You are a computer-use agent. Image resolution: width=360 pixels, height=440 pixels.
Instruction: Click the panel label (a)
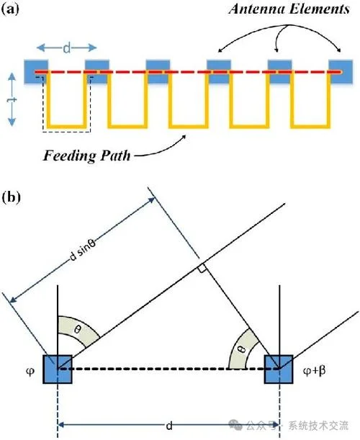tap(10, 9)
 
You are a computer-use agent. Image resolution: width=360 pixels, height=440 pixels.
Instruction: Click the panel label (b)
tap(12, 197)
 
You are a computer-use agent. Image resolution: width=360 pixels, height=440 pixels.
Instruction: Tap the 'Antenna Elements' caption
tap(289, 9)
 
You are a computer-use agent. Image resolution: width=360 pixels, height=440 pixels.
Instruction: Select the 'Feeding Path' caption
tap(86, 156)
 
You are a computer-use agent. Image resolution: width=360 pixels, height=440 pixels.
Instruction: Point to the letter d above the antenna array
tap(66, 48)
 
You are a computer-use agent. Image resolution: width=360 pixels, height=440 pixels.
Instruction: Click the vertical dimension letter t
tap(12, 99)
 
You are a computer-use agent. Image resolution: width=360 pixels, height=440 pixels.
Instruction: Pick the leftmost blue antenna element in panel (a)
tap(35, 71)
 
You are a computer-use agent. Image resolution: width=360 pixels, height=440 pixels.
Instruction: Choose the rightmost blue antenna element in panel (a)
tap(341, 71)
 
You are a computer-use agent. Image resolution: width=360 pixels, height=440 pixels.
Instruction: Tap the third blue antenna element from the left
tap(158, 71)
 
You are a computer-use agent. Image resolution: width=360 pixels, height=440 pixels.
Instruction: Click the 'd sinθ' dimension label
tap(83, 251)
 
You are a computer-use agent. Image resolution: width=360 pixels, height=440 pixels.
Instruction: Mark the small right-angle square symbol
tap(202, 268)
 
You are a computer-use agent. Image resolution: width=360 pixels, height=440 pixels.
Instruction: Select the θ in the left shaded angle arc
tap(78, 329)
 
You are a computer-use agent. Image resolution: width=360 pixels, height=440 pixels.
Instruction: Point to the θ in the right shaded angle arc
tap(243, 349)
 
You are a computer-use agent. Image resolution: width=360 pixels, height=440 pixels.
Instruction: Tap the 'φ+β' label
tap(314, 371)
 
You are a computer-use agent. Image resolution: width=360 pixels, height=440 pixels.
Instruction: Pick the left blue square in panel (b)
tap(58, 369)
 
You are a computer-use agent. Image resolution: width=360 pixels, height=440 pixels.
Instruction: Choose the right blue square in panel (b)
tap(279, 369)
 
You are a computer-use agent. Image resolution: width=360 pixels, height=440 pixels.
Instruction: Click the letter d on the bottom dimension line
tap(169, 426)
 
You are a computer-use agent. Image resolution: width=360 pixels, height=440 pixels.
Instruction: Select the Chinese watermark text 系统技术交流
tap(319, 426)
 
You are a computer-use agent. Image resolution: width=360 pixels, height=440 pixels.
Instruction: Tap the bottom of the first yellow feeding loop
tap(66, 126)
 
